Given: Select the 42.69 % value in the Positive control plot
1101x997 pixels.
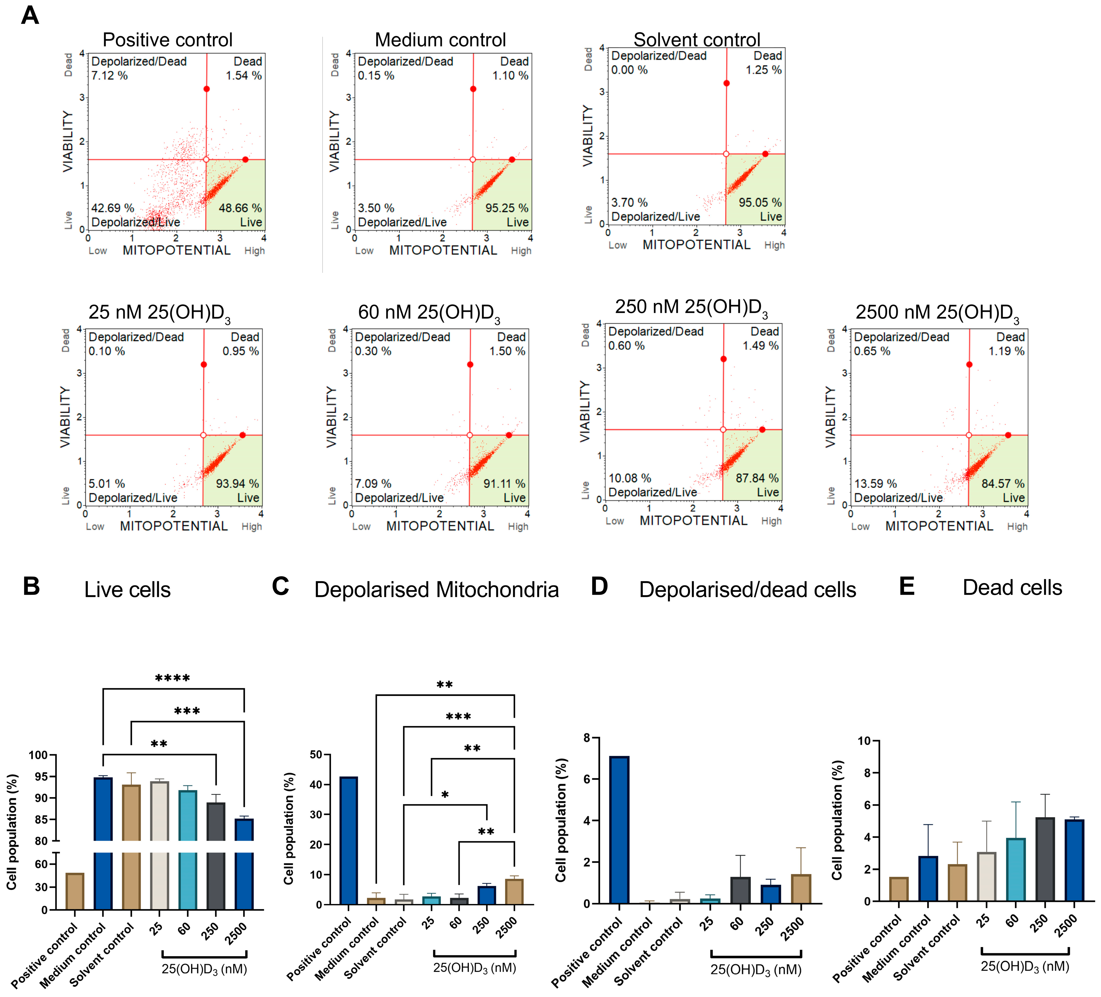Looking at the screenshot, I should click(x=112, y=208).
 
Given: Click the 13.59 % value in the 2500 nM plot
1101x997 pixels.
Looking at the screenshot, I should click(x=875, y=484).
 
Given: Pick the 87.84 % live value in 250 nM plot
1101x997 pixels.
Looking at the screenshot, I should click(x=757, y=478).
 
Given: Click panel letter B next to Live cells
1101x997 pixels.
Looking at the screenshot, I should click(x=31, y=586).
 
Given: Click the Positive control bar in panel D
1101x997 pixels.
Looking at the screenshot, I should click(x=619, y=830).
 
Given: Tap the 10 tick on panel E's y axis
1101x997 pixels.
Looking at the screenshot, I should click(x=864, y=741).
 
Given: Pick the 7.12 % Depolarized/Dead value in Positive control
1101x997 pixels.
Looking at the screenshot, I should click(x=109, y=75).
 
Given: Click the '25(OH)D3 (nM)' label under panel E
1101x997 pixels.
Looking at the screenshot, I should click(x=1025, y=966).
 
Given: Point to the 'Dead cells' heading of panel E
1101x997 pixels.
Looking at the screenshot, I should click(x=1012, y=587).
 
